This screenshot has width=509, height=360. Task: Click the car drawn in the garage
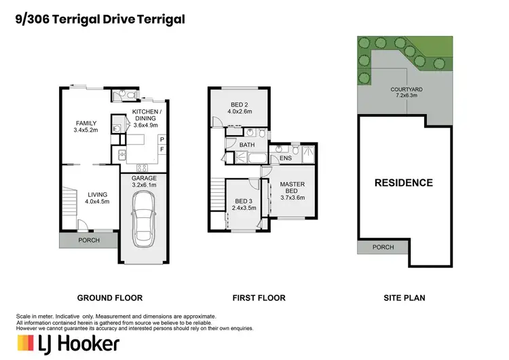143,219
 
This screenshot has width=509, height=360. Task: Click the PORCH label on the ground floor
89,240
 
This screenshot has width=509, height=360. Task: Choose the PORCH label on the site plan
383,247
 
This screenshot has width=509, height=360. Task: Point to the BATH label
246,145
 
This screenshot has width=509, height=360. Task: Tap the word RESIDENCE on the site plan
404,183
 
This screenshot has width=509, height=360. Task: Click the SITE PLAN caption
404,298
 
